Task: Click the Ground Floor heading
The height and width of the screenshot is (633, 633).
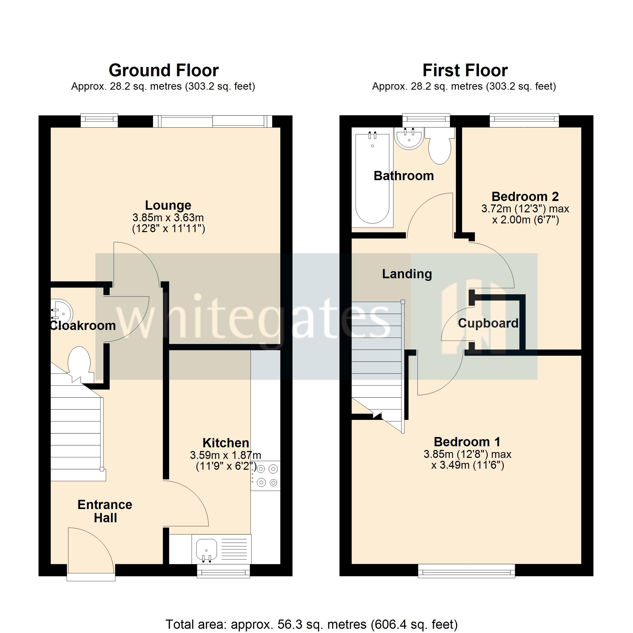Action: (x=164, y=70)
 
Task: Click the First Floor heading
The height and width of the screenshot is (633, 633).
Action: (x=465, y=70)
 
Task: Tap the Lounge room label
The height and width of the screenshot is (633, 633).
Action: (x=168, y=205)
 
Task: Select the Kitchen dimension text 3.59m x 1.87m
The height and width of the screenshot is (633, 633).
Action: (x=226, y=455)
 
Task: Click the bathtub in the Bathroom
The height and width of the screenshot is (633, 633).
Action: (x=372, y=179)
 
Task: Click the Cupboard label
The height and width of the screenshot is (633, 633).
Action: (x=488, y=323)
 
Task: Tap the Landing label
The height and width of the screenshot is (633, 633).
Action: (x=407, y=274)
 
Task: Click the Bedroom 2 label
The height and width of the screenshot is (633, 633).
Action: (x=525, y=196)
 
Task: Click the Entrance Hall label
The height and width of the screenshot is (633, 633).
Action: (x=105, y=511)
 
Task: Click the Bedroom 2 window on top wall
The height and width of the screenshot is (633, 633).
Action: (x=524, y=120)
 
